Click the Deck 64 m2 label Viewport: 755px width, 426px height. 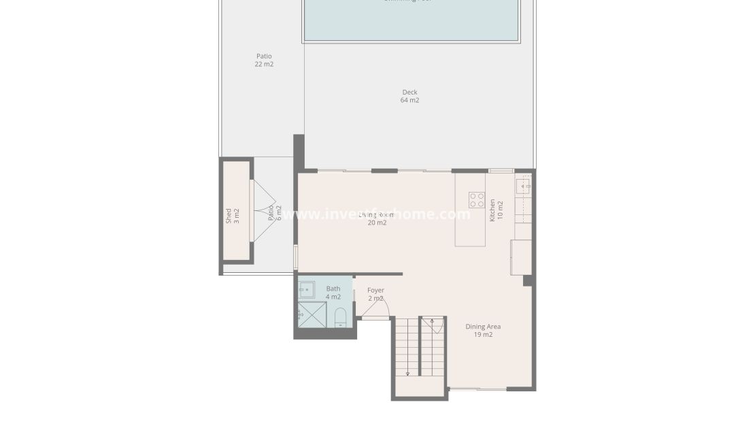(x=409, y=96)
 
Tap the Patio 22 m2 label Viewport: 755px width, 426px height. (x=264, y=60)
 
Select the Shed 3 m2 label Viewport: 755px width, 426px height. (x=233, y=216)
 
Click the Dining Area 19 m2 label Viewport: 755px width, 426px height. (x=483, y=331)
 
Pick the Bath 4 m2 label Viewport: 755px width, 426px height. (x=333, y=293)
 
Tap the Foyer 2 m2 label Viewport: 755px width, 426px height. (x=375, y=294)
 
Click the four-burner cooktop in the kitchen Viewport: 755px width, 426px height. (x=477, y=200)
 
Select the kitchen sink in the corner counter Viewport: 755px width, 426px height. (x=524, y=186)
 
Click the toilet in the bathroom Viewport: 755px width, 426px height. (x=341, y=316)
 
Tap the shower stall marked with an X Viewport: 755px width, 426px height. (x=312, y=315)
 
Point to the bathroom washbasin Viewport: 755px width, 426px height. (x=307, y=289)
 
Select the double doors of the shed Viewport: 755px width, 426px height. (x=263, y=210)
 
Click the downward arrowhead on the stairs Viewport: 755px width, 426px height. (x=407, y=373)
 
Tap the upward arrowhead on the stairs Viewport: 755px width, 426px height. (x=432, y=320)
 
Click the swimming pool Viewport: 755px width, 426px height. (x=412, y=19)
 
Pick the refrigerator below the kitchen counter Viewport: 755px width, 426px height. (x=522, y=257)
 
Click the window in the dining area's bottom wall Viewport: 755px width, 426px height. (x=478, y=389)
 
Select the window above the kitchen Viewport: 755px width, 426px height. (x=501, y=170)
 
